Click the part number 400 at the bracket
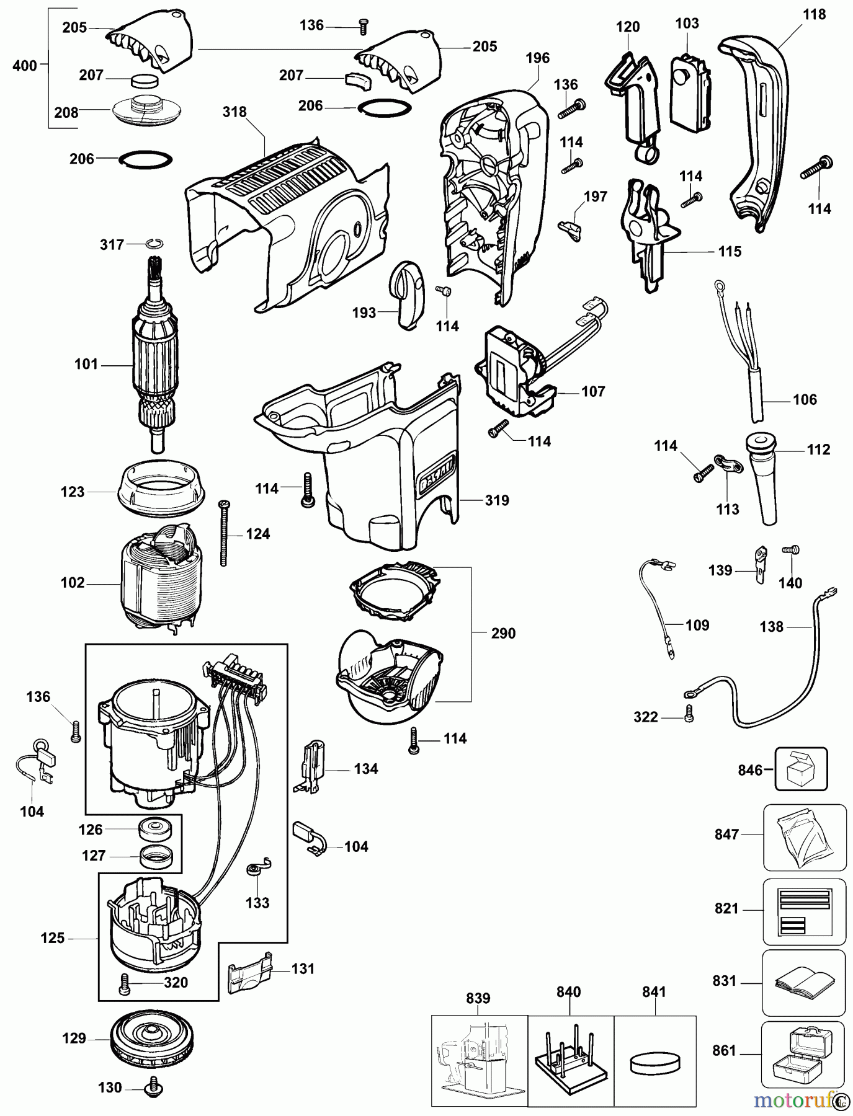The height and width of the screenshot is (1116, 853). tap(24, 66)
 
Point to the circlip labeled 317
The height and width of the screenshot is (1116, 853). tap(155, 244)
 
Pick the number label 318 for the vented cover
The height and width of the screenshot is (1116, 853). tap(234, 112)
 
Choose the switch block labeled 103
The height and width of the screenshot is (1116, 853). tap(690, 94)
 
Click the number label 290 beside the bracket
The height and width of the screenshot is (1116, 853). tap(503, 634)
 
